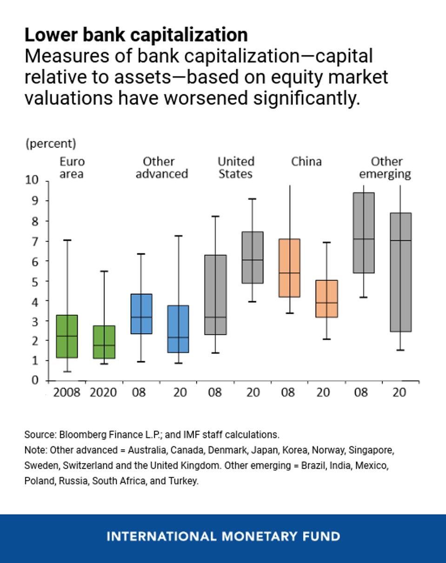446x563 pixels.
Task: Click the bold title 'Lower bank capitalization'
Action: point(136,35)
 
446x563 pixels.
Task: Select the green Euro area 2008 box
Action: point(67,336)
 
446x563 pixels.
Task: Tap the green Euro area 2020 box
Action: point(104,342)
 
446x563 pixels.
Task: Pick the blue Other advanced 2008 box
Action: point(141,314)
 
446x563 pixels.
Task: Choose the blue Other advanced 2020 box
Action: point(178,329)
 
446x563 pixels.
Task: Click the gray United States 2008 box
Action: point(215,295)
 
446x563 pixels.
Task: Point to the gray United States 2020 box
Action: point(252,257)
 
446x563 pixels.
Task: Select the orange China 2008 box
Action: point(289,268)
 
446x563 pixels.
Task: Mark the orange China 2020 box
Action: point(326,298)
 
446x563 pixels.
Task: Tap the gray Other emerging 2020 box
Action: point(400,272)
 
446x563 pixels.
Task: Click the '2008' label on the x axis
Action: point(67,392)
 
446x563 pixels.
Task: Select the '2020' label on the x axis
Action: point(103,392)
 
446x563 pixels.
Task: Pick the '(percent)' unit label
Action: point(50,144)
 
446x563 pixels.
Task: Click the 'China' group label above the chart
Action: point(306,162)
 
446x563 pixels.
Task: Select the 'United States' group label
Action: point(236,168)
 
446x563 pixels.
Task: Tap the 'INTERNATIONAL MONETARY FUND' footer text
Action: point(223,537)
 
